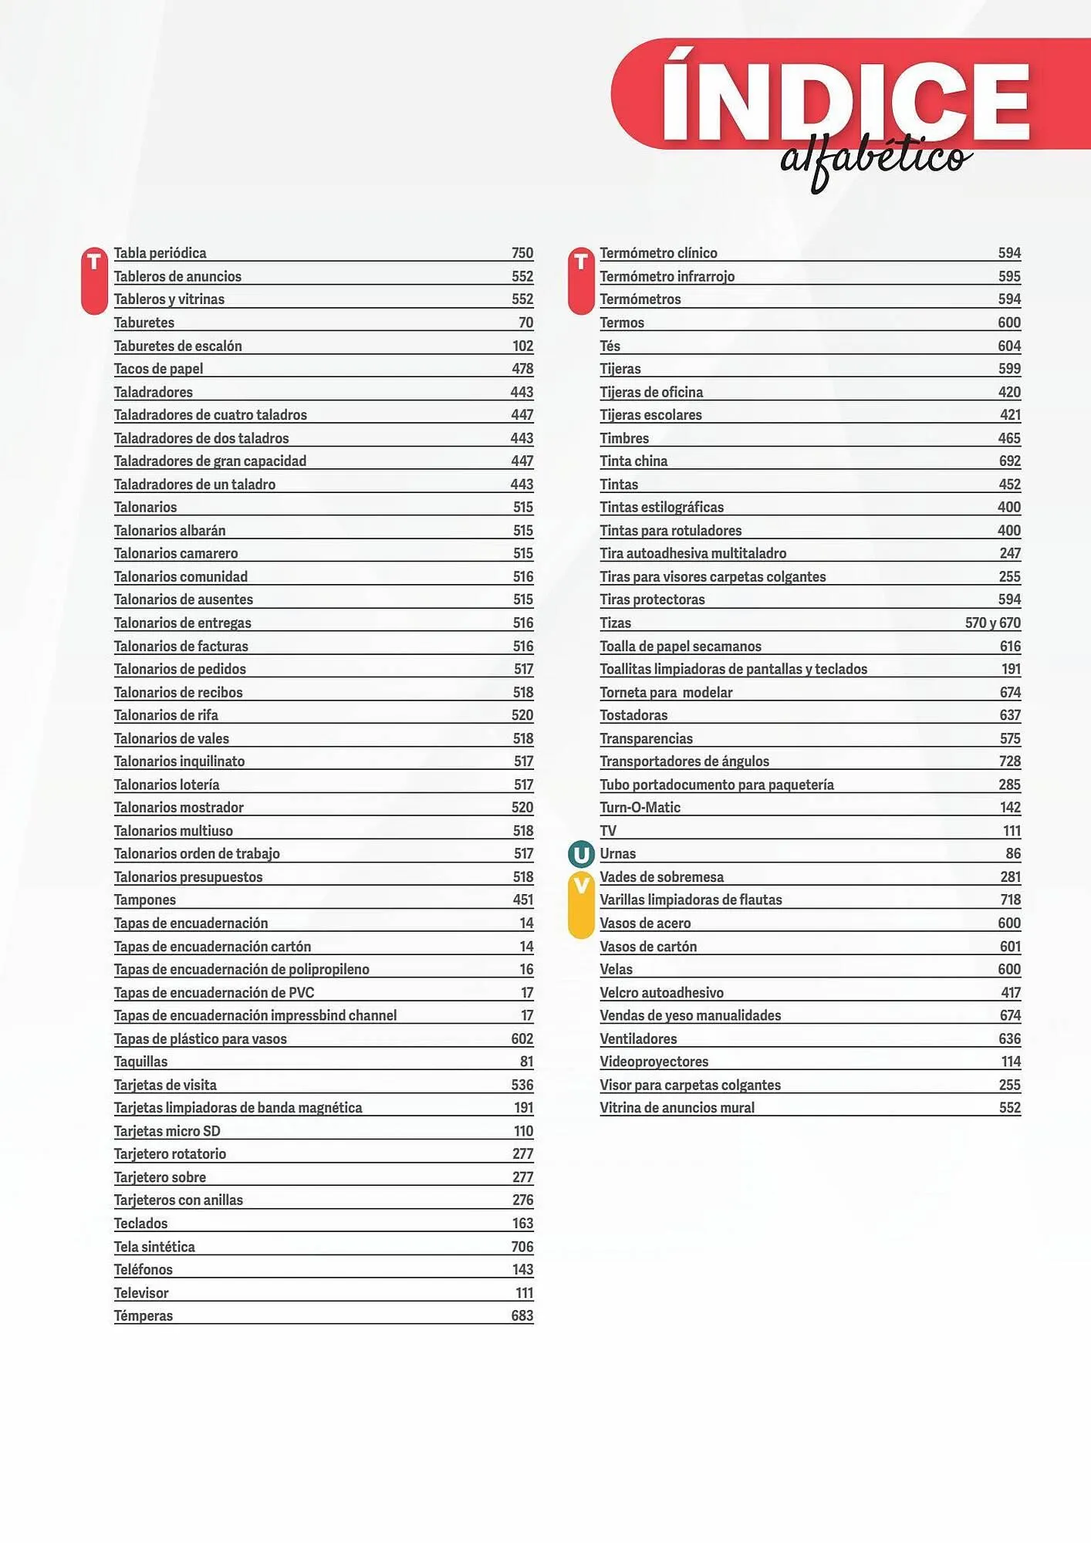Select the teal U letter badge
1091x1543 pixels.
point(581,854)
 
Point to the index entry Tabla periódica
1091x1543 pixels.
point(160,253)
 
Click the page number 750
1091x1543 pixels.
point(522,253)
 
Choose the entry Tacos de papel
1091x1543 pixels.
point(158,369)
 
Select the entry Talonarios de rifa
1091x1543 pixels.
point(166,715)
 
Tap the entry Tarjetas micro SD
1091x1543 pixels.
point(167,1131)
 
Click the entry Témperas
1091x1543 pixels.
point(144,1316)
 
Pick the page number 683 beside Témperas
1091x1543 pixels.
point(522,1316)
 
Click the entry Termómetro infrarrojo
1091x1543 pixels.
point(667,276)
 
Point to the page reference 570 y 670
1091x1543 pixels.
point(992,623)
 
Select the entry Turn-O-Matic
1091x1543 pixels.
point(640,808)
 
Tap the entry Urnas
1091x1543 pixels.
point(617,854)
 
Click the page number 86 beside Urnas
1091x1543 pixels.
point(1013,854)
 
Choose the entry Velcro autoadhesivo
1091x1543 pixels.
point(661,993)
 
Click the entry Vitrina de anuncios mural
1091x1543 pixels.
point(677,1108)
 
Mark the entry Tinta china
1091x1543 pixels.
point(633,461)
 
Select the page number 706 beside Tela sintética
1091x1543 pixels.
point(522,1247)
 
